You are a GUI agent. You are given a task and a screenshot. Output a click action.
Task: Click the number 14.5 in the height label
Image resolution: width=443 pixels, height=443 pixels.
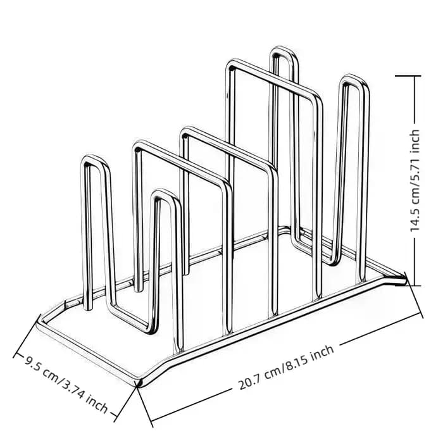[x=415, y=219]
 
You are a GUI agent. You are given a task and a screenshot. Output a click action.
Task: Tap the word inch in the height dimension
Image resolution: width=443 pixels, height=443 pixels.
[x=415, y=140]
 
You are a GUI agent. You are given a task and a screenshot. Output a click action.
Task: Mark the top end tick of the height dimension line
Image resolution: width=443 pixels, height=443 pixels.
[x=408, y=76]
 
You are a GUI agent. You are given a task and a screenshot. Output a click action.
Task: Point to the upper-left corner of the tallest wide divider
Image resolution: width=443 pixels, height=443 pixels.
[x=230, y=65]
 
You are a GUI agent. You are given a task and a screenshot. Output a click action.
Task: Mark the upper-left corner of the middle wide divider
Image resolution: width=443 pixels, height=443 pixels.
[x=185, y=132]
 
